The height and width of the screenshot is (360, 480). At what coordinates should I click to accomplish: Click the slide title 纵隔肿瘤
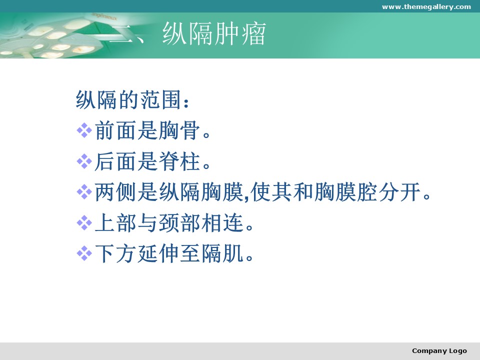(x=214, y=33)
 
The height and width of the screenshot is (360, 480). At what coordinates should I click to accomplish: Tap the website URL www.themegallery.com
(x=426, y=6)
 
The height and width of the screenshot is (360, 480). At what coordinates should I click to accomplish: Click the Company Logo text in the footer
(x=439, y=351)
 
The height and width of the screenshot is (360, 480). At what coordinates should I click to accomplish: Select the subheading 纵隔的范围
(x=128, y=99)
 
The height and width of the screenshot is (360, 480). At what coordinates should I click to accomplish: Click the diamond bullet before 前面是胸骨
(x=84, y=130)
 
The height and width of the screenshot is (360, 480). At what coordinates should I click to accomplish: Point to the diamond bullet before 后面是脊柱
(x=84, y=161)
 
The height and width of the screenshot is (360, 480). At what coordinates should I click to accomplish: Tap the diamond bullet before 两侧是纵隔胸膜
(x=84, y=192)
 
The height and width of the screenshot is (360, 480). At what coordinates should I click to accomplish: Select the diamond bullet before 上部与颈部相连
(x=84, y=223)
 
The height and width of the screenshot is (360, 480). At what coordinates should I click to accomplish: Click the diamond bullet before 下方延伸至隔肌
(x=84, y=254)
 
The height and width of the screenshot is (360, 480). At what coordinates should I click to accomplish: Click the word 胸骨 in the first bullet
(x=179, y=130)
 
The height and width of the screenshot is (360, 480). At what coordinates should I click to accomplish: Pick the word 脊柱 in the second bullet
(x=179, y=161)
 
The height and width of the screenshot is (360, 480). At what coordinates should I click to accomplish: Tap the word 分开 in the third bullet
(x=400, y=192)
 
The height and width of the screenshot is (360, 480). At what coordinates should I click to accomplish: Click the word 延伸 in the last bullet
(x=158, y=254)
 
